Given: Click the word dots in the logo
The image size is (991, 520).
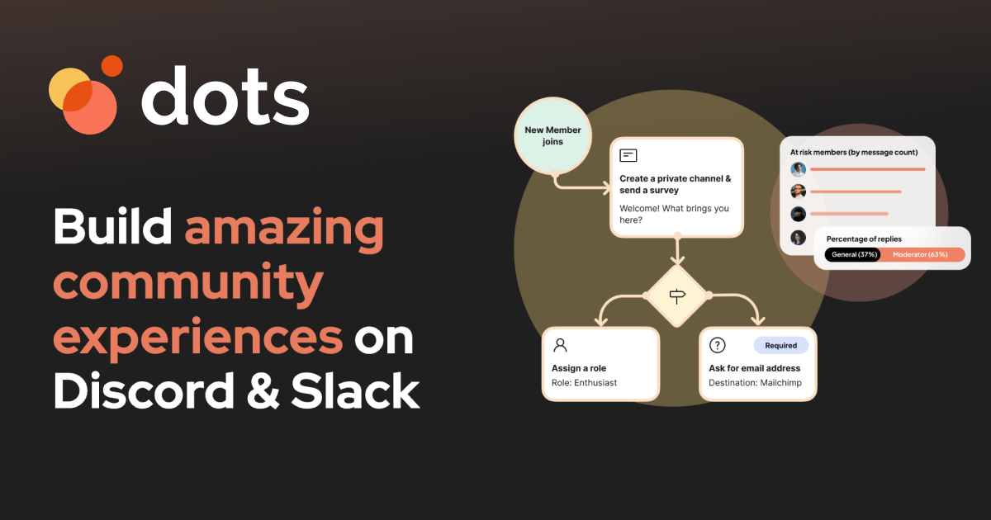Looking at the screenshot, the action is point(225,96).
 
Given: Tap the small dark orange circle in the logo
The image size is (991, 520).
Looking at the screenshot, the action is point(112,66).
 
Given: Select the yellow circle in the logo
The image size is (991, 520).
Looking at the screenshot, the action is point(70,89).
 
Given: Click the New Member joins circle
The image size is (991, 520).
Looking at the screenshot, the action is point(552,135).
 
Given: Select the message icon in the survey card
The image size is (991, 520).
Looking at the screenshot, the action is point(628,156).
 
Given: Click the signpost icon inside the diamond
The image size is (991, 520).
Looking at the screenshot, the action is point(677,295).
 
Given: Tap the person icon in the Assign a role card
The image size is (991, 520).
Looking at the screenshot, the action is point(560,345).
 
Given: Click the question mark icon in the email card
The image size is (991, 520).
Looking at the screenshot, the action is point(717,345).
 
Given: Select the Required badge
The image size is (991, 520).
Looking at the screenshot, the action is point(781,345).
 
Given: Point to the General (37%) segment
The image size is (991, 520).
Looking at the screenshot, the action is point(852,255).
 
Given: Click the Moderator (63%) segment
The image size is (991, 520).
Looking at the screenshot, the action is point(921,255).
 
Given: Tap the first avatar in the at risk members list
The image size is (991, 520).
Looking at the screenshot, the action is point(798,169).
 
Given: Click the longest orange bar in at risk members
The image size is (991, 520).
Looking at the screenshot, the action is point(868,169).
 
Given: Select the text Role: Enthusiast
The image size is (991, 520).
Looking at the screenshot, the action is point(584,383).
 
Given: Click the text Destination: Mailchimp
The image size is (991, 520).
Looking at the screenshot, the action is point(755,383).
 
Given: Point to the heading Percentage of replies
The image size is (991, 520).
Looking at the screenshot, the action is point(864,239).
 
